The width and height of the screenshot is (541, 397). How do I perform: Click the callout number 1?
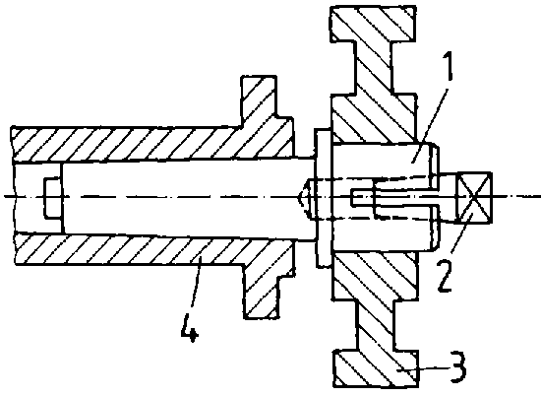(448, 66)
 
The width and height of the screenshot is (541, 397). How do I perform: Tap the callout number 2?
(445, 276)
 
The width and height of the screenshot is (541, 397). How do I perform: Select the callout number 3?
(457, 366)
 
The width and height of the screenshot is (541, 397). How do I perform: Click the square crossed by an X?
(474, 197)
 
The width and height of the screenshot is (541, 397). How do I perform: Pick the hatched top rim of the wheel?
(373, 24)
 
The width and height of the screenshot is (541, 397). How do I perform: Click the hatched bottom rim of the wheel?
(377, 368)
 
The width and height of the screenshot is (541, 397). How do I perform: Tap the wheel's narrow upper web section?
(373, 67)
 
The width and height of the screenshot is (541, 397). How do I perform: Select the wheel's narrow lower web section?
(376, 325)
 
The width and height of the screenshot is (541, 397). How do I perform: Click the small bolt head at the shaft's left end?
(53, 198)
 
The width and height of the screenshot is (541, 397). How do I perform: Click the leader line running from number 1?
(430, 124)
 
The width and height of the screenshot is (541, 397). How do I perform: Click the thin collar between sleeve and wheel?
(323, 198)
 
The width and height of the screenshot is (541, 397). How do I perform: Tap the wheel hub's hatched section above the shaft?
(374, 118)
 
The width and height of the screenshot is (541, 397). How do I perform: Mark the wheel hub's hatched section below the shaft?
(376, 275)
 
